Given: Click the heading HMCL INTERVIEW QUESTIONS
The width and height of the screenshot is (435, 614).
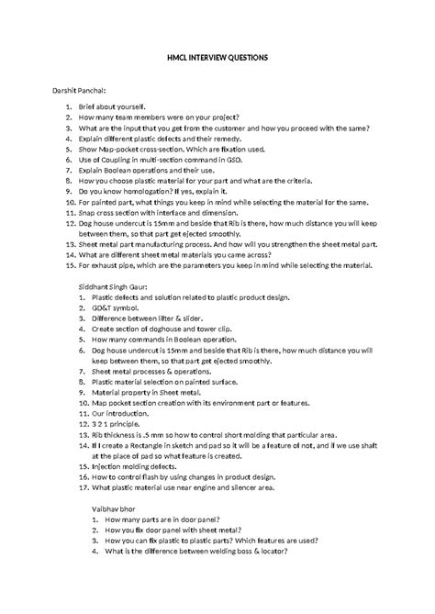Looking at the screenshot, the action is point(217,56).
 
